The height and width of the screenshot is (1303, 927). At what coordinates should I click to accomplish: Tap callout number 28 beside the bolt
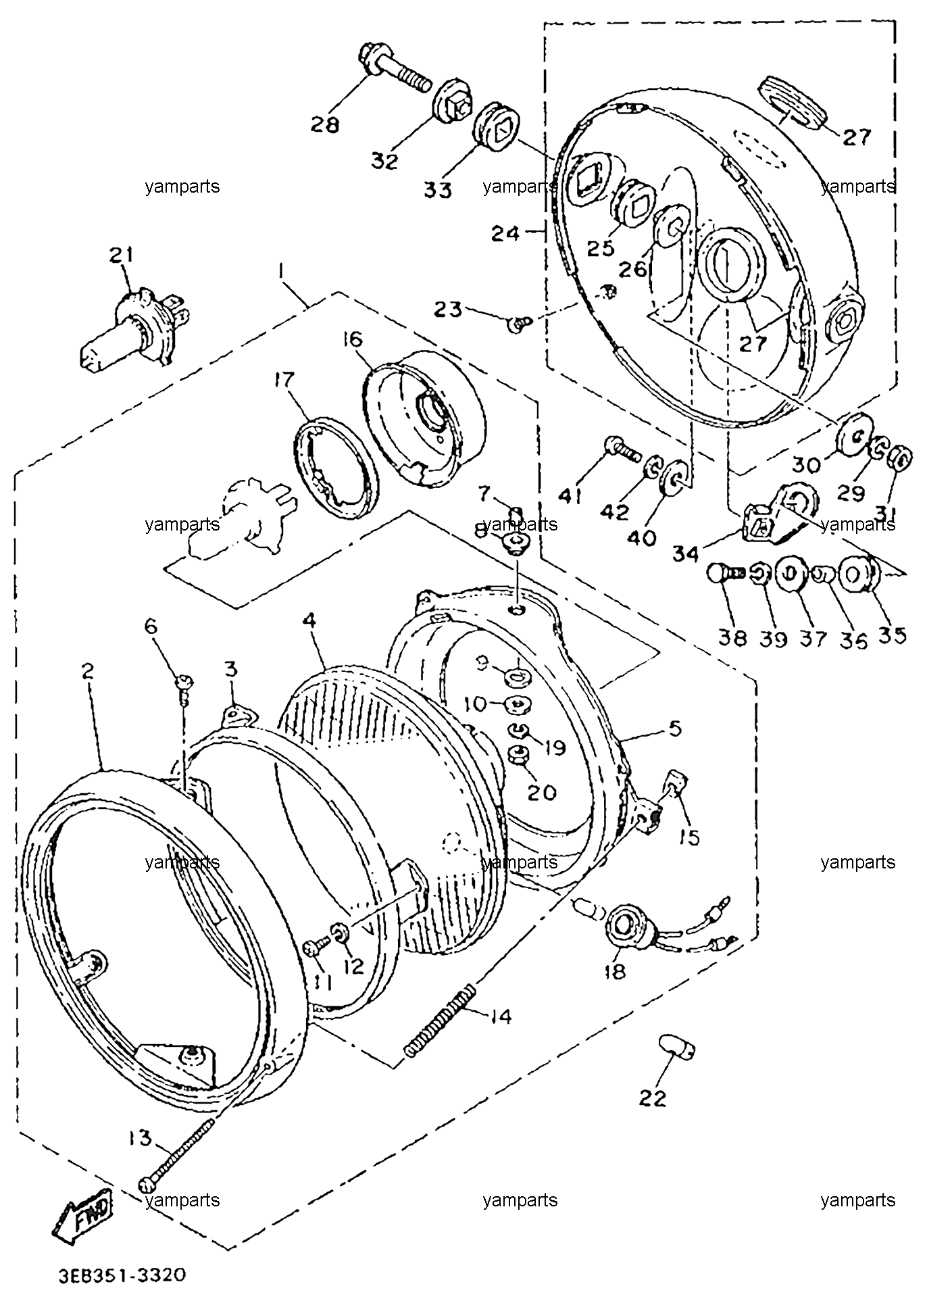click(325, 124)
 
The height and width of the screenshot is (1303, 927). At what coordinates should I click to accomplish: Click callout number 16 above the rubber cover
click(372, 339)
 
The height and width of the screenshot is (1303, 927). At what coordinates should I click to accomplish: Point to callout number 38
click(733, 637)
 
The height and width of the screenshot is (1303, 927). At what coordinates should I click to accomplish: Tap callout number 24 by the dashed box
click(505, 234)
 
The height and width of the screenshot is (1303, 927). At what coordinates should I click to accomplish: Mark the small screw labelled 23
click(520, 324)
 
